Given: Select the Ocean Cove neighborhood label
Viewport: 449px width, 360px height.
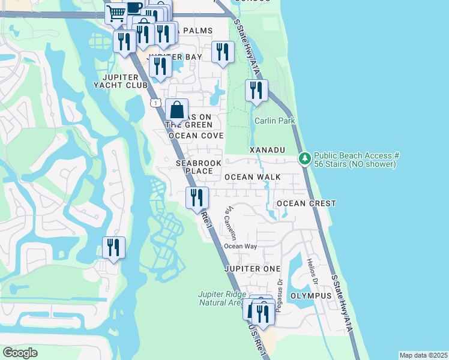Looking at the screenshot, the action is [x=196, y=136].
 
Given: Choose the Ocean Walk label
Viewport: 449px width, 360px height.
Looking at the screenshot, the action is [x=252, y=177].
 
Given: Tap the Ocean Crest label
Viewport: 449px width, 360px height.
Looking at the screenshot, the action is [x=306, y=203].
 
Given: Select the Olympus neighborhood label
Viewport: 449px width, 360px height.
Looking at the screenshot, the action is [x=311, y=296].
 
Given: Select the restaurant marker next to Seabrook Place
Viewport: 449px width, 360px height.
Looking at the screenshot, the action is [x=197, y=197].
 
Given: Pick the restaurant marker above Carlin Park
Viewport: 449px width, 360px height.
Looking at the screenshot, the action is [x=256, y=91].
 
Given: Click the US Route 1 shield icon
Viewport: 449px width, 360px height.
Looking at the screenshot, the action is [x=156, y=103].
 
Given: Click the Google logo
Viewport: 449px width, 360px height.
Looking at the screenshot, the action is [x=20, y=353].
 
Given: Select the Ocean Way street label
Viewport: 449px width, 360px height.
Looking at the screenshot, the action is [x=240, y=246].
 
